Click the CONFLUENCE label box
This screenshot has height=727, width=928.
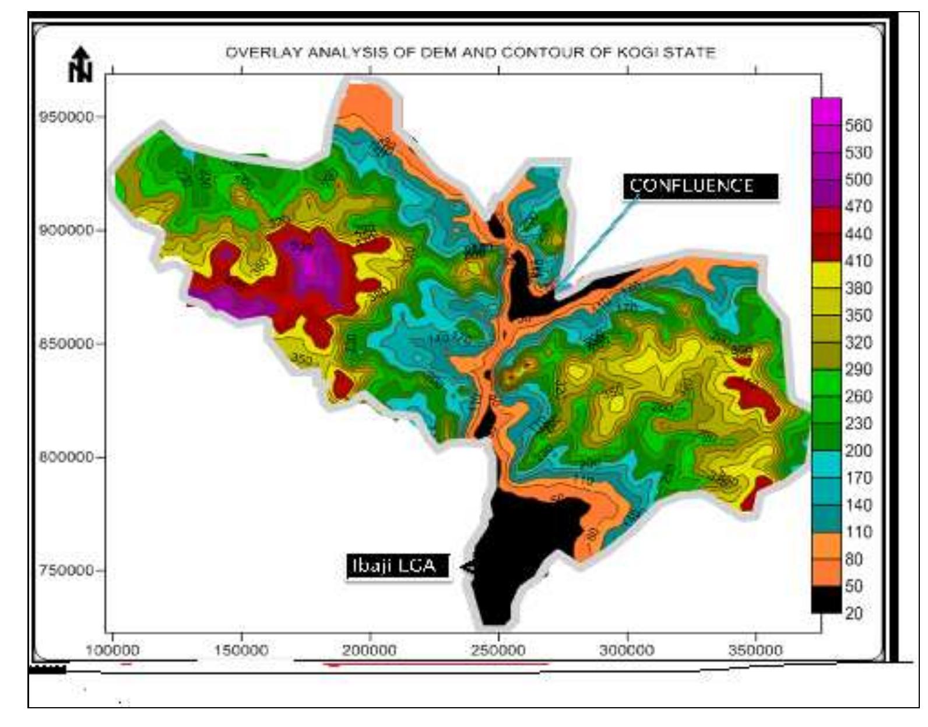click(x=700, y=186)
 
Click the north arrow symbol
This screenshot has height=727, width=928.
click(x=80, y=65)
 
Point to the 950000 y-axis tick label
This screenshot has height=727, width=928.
click(x=66, y=117)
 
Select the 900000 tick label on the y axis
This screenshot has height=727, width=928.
click(x=66, y=230)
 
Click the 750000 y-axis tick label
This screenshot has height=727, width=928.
click(x=66, y=571)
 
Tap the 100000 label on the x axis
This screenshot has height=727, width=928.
click(x=113, y=650)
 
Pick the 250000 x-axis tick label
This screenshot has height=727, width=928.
click(x=498, y=650)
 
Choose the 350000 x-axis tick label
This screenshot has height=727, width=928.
click(x=756, y=650)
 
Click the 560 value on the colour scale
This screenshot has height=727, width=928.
click(x=859, y=125)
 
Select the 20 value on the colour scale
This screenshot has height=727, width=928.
click(x=854, y=613)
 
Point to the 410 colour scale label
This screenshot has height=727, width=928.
click(x=859, y=261)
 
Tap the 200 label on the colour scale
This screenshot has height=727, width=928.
click(x=859, y=450)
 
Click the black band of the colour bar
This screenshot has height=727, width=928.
click(x=825, y=599)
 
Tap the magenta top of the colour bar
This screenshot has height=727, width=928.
click(x=825, y=111)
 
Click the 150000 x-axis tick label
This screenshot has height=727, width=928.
click(x=241, y=650)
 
